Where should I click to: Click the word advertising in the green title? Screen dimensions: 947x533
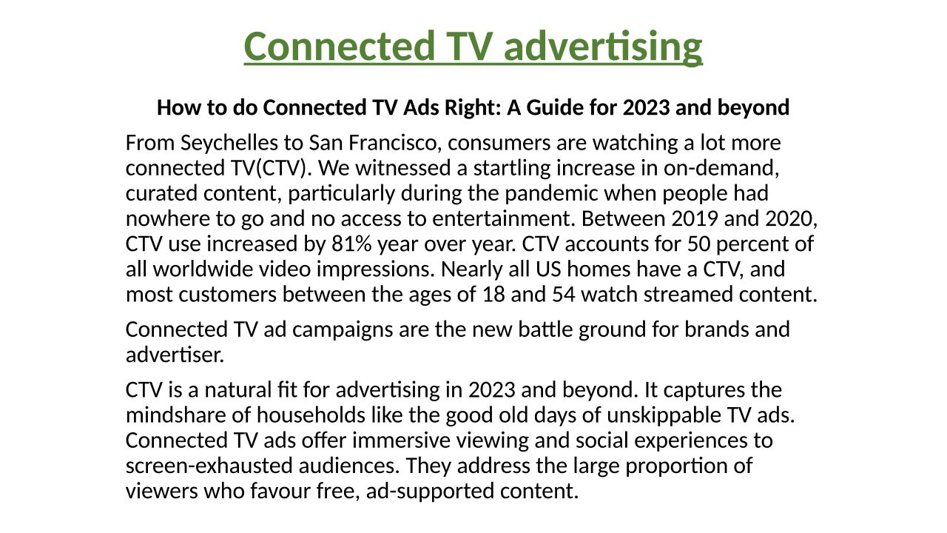point(603,47)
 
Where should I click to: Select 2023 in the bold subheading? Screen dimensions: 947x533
point(647,107)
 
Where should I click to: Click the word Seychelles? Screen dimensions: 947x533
point(229,144)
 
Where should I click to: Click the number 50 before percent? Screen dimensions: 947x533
point(699,244)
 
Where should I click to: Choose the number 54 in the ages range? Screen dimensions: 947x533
point(564,295)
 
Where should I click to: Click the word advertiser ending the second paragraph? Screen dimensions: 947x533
point(175,355)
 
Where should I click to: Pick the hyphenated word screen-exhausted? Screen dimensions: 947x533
point(209,466)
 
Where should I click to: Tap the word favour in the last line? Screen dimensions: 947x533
point(280,492)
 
